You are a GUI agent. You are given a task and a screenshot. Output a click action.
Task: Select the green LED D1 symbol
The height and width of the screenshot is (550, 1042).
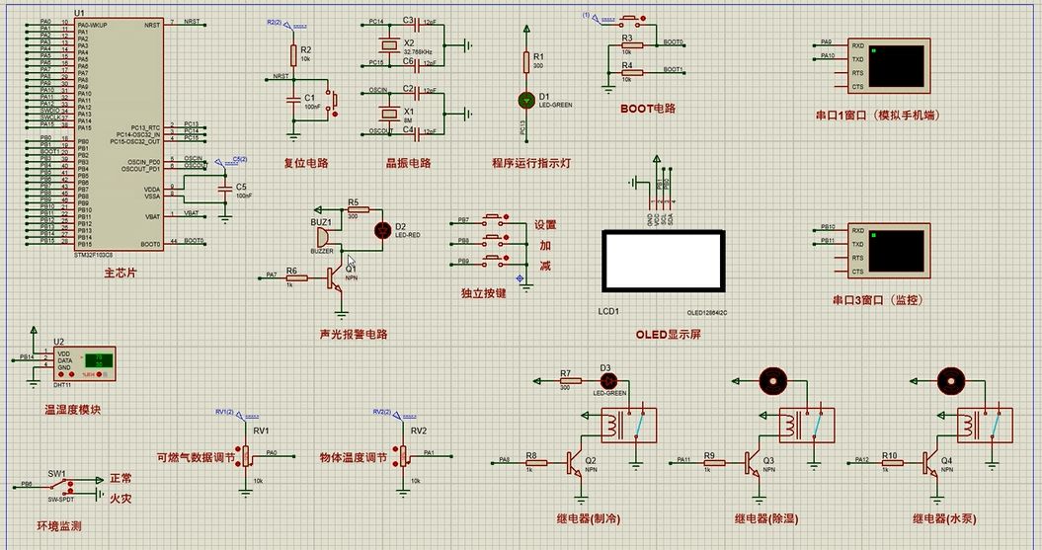pyautogui.click(x=526, y=100)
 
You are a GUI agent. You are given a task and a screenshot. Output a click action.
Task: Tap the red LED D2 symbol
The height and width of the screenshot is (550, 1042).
pyautogui.click(x=382, y=230)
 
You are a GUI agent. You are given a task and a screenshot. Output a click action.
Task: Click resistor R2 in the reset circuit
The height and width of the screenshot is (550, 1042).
pyautogui.click(x=293, y=54)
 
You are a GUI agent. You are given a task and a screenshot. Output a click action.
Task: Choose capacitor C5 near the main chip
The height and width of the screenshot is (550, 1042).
pyautogui.click(x=225, y=187)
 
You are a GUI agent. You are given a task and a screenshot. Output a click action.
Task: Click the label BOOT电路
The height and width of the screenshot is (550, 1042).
pyautogui.click(x=648, y=108)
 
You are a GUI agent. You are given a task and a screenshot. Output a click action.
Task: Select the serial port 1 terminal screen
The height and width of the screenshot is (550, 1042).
pyautogui.click(x=898, y=64)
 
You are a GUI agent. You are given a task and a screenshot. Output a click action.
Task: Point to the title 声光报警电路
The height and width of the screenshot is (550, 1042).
pyautogui.click(x=354, y=334)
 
